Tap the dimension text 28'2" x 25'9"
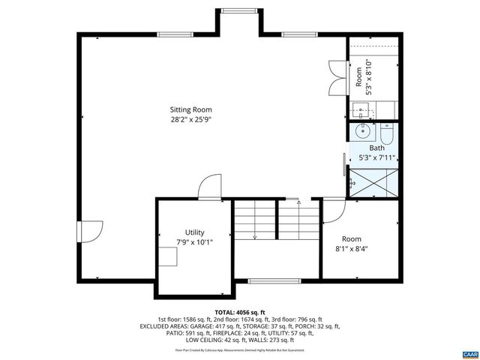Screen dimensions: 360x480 pos(195,118)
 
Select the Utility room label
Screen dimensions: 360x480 pos(194,232)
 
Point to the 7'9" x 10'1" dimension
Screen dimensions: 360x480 pos(194,242)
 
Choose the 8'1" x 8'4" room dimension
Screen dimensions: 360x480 pos(351,249)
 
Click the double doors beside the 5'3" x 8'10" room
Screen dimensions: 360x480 pos(336,77)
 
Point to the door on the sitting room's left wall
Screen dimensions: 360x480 pos(91,231)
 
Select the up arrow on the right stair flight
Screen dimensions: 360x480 pos(298,201)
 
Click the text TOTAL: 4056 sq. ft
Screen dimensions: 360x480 pos(240,312)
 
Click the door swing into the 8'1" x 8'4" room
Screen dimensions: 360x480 pos(333,209)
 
